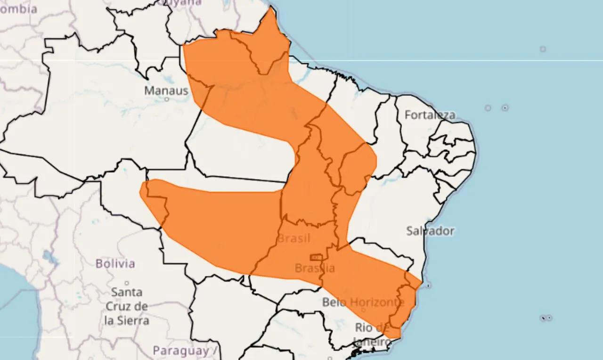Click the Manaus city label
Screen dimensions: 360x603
(x=166, y=90)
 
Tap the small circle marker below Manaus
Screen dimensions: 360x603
(x=166, y=99)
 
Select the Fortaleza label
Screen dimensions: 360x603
(x=430, y=115)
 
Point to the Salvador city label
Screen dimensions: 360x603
(x=430, y=231)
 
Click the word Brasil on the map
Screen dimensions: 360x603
(x=293, y=238)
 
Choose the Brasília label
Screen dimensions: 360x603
(x=315, y=268)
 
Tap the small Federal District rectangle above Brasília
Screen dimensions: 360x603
(x=315, y=257)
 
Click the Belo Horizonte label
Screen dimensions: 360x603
(x=363, y=302)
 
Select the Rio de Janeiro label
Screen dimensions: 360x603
(x=372, y=334)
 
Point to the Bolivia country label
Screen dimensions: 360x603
(x=115, y=263)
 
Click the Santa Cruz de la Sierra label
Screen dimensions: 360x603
(x=127, y=306)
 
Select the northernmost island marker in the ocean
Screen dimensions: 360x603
(x=543, y=49)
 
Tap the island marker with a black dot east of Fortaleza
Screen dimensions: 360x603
(x=505, y=108)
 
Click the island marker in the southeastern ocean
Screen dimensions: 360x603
(x=546, y=318)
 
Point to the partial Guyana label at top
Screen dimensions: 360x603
(x=181, y=2)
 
